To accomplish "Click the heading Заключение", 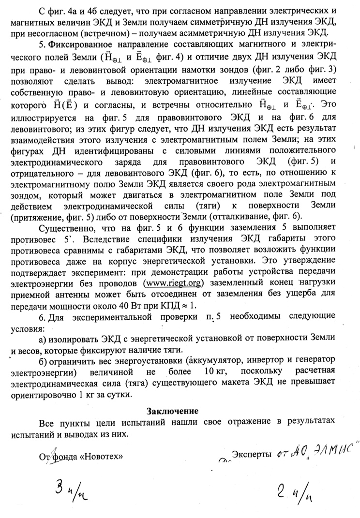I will click(x=173, y=412).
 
